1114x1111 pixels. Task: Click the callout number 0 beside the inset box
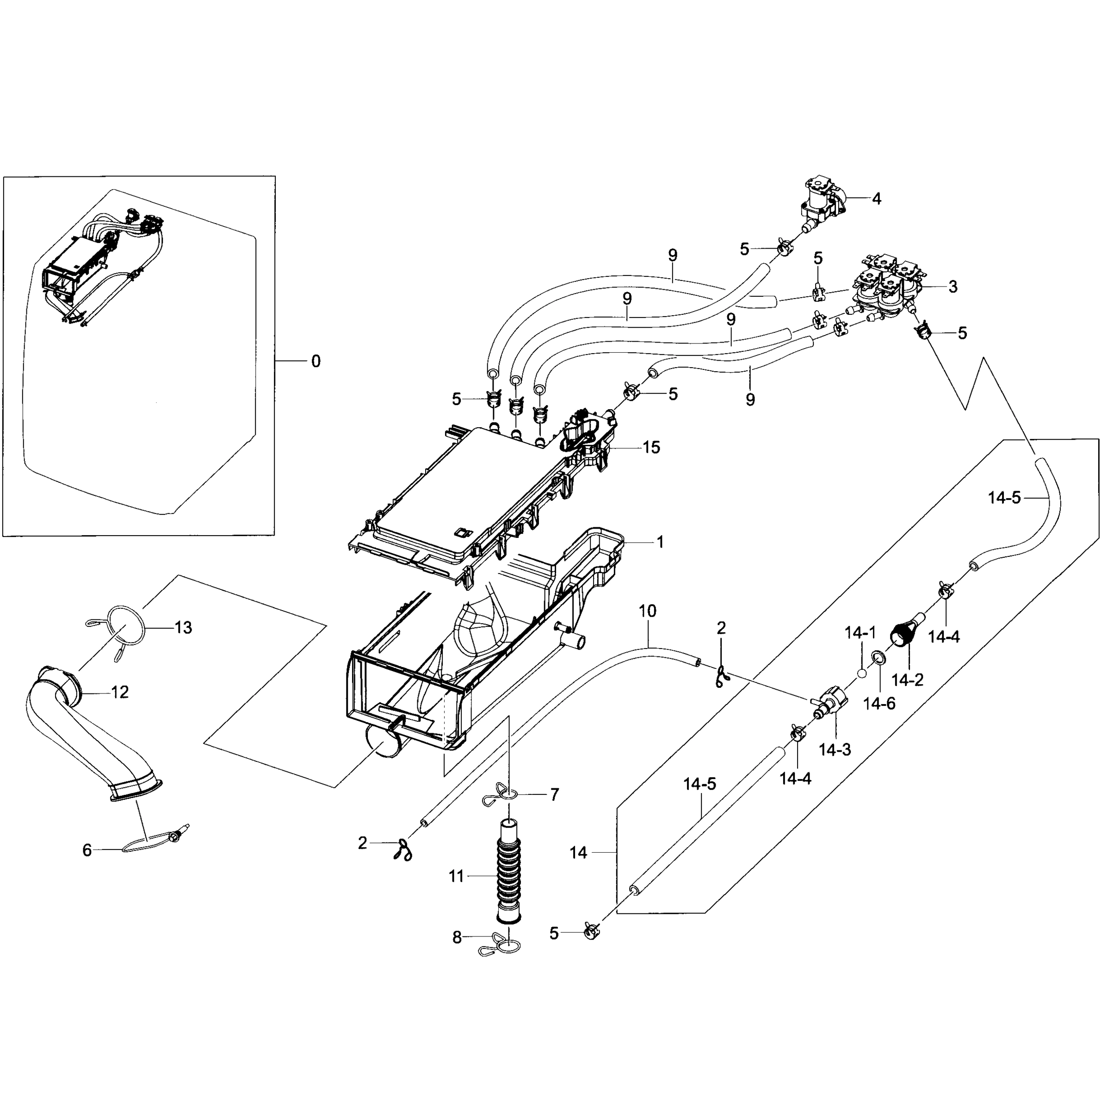[316, 362]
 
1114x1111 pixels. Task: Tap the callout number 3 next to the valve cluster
[953, 286]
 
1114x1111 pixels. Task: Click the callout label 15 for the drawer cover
[651, 447]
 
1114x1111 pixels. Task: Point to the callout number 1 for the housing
[660, 542]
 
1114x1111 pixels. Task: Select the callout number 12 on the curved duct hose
[119, 692]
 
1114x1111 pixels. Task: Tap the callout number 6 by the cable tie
[87, 850]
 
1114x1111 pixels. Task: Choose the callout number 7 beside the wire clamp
[554, 795]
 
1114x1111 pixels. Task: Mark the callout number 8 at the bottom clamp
[457, 937]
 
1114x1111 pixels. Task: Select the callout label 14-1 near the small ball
[860, 633]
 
